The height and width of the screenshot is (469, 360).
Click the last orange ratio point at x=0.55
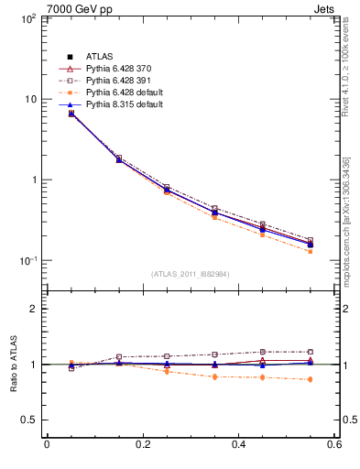coord(310,379)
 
